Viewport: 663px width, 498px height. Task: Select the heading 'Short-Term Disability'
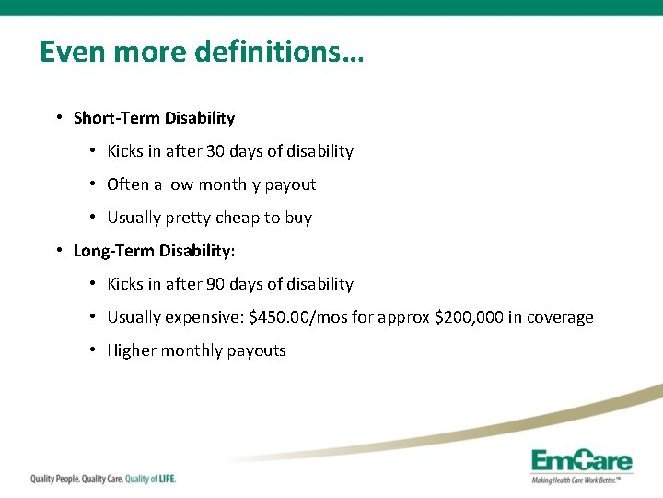tap(154, 118)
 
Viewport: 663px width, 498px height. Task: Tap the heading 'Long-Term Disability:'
tap(154, 251)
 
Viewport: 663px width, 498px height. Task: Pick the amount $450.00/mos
tap(298, 317)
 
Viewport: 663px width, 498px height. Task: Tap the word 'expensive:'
tap(204, 317)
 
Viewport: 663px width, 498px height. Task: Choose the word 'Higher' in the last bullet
tap(132, 350)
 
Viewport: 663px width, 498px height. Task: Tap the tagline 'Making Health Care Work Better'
tap(580, 480)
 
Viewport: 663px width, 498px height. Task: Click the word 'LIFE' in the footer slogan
tap(163, 479)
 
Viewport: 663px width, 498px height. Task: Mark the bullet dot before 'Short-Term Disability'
tap(58, 118)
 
